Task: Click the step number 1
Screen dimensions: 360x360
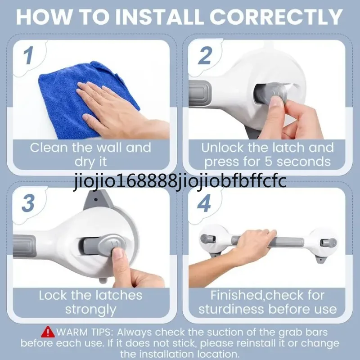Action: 28,55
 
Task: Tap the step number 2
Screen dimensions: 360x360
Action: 205,55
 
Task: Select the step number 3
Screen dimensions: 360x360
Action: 28,203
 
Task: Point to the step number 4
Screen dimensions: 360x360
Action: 204,203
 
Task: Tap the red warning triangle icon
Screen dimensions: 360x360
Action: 48,332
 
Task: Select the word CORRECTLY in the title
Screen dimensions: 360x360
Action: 276,17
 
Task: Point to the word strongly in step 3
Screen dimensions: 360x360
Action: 90,310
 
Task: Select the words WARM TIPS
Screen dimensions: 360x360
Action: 85,332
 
